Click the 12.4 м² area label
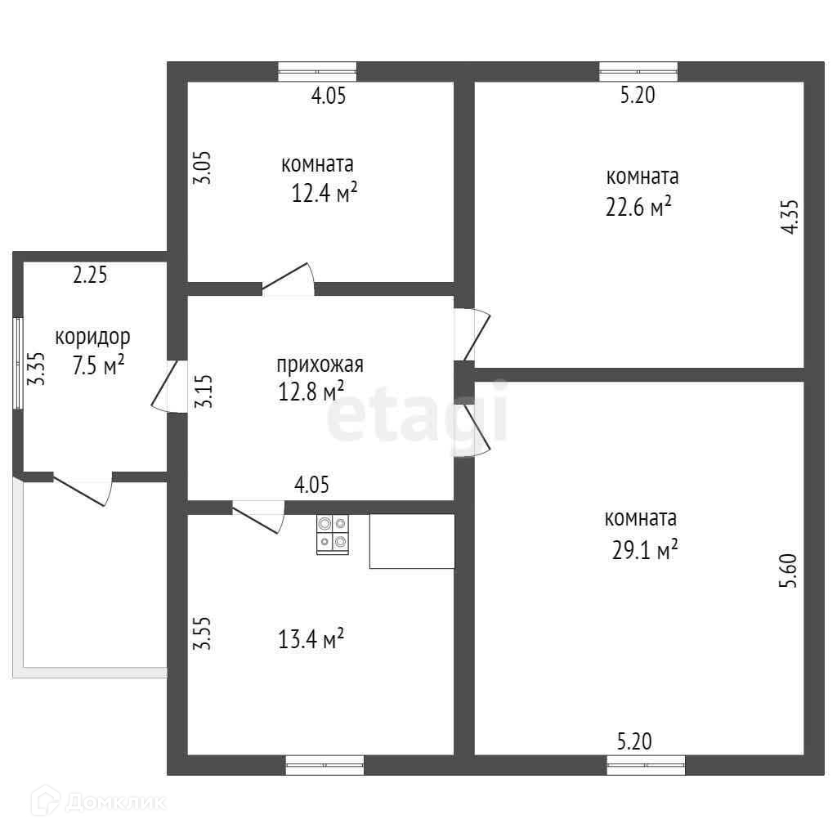pos(324,193)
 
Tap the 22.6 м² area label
pos(638,207)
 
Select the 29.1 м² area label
pos(645,550)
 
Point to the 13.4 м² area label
pos(311,639)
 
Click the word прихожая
pos(320,365)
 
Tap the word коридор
pos(92,338)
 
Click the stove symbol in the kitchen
pos(333,535)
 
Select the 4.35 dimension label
pos(790,217)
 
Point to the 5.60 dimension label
pos(789,571)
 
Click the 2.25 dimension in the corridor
pos(90,275)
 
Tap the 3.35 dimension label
pos(37,369)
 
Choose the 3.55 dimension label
pos(203,633)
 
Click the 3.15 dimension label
pos(204,392)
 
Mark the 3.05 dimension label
pos(203,168)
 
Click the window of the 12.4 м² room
pos(318,72)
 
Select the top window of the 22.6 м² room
pos(638,72)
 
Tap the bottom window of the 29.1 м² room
pos(646,765)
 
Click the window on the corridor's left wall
pos(18,364)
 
